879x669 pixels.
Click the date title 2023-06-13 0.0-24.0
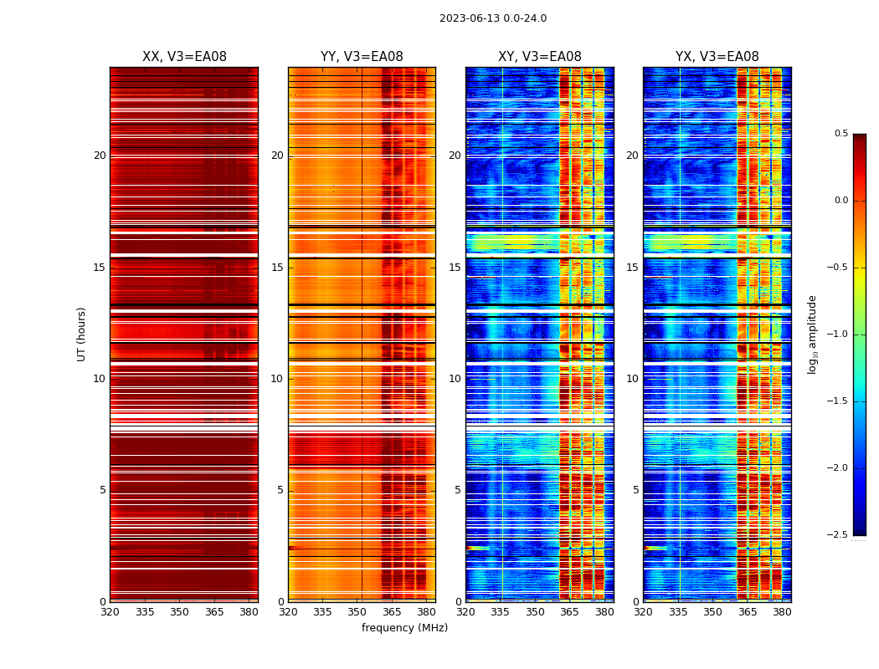[x=493, y=18]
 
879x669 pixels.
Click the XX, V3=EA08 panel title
[x=184, y=57]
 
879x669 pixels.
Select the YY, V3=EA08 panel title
[x=362, y=57]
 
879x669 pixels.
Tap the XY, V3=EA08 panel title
[x=540, y=57]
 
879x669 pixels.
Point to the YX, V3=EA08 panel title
[x=717, y=57]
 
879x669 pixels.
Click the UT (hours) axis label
[x=82, y=334]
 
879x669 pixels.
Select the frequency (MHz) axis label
[x=404, y=628]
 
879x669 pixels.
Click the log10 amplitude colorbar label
[x=812, y=334]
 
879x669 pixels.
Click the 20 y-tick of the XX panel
[x=100, y=156]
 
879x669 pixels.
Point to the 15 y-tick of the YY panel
[x=277, y=268]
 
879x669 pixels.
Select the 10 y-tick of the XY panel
[x=455, y=379]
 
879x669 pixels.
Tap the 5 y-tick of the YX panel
[x=635, y=490]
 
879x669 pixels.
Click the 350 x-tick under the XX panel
[x=179, y=613]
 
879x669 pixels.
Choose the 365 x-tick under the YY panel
[x=392, y=613]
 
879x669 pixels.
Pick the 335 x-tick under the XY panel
[x=501, y=613]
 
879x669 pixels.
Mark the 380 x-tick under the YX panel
[x=782, y=613]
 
